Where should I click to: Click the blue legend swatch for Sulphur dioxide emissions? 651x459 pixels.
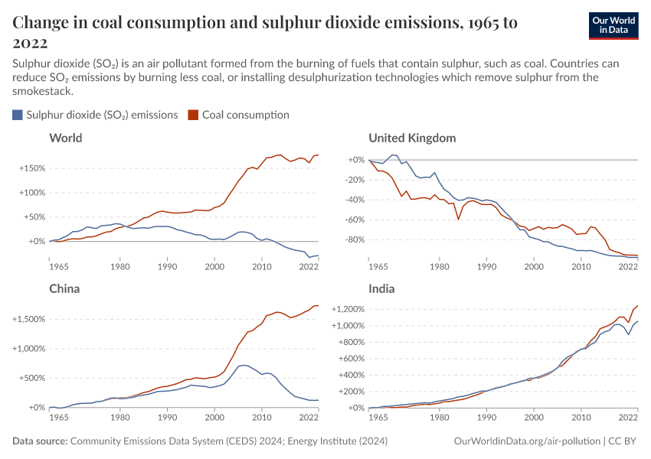[x=18, y=115]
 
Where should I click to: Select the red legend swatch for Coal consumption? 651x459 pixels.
[x=194, y=115]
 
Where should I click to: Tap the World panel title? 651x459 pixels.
[x=65, y=138]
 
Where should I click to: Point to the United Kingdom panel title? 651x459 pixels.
[x=412, y=138]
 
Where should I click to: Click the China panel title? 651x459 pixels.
[x=64, y=289]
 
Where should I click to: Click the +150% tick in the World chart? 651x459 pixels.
[x=31, y=168]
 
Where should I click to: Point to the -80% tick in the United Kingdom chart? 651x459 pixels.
[x=354, y=239]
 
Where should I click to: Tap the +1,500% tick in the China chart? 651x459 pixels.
[x=29, y=319]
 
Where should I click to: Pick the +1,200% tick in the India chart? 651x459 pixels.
[x=348, y=309]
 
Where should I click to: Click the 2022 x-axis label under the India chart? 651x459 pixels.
[x=628, y=418]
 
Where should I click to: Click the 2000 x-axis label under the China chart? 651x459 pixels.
[x=214, y=418]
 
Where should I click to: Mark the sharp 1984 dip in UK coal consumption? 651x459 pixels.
[x=458, y=220]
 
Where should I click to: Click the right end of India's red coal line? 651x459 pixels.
[x=637, y=306]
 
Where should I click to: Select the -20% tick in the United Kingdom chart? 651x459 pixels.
[x=354, y=180]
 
